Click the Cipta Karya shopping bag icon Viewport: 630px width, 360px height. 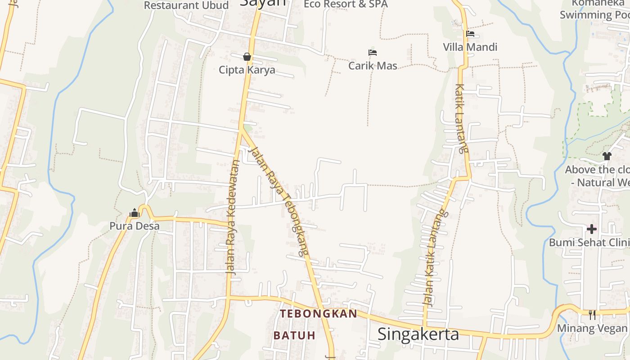tap(247, 57)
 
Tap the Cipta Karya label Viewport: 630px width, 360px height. tap(247, 70)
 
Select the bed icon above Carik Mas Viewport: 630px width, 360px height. tap(372, 53)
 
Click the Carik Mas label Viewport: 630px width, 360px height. tap(373, 66)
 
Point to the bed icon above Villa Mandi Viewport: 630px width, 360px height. tap(470, 34)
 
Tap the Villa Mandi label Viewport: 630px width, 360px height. tap(470, 47)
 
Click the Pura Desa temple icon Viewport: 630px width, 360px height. tap(134, 213)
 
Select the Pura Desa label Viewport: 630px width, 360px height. tap(135, 226)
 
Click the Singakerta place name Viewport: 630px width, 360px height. tap(418, 334)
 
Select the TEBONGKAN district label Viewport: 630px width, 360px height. tap(319, 314)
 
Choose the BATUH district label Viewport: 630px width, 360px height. tap(294, 336)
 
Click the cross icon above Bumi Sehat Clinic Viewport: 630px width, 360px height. tap(591, 229)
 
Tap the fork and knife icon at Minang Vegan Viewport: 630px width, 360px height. tap(592, 315)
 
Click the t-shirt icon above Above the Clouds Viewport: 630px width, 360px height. tap(607, 156)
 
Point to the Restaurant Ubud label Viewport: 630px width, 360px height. tap(186, 5)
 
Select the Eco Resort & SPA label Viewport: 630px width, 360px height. tap(346, 4)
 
